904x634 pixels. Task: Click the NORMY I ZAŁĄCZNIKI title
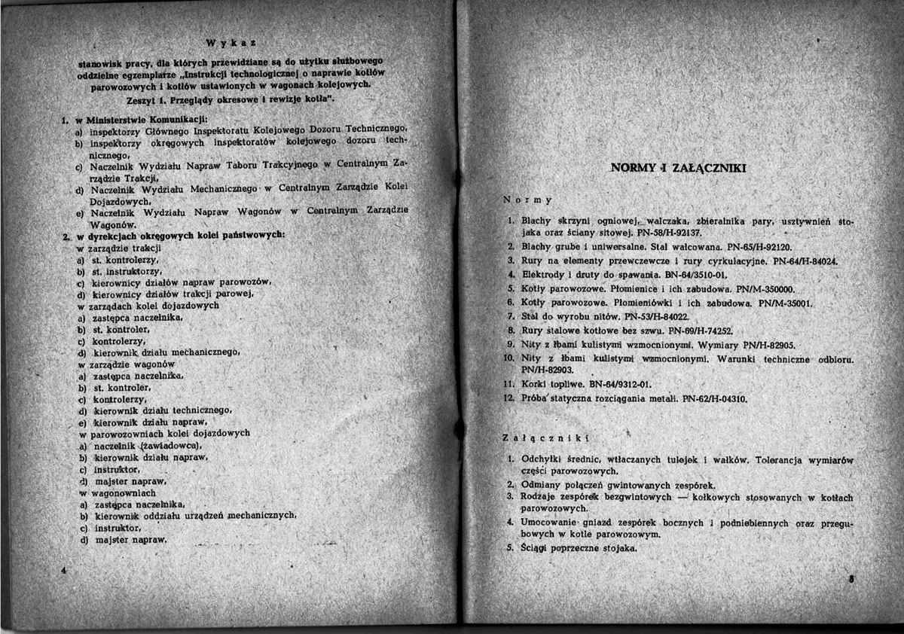pos(678,168)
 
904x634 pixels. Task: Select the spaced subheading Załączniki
pos(543,437)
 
